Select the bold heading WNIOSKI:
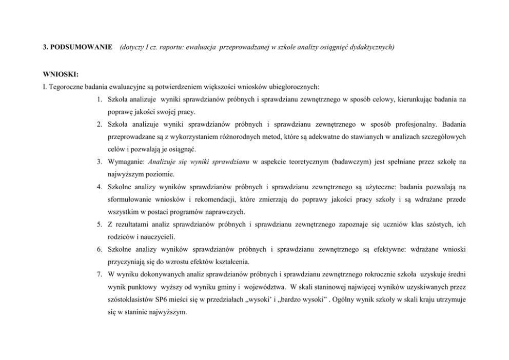56,74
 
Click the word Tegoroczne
66,86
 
